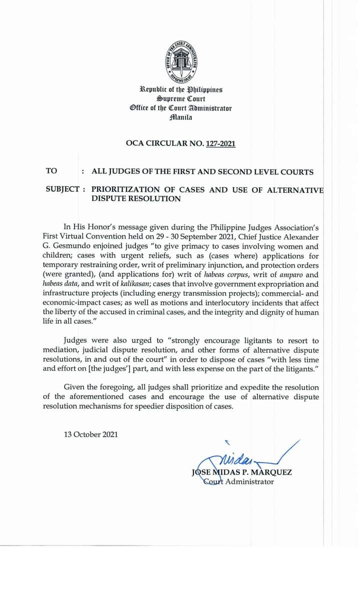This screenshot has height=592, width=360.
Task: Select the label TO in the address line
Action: (51, 171)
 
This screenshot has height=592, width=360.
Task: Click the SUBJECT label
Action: (62, 190)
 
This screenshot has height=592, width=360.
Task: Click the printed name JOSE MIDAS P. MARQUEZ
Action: (241, 472)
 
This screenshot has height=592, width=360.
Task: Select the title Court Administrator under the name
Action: (239, 482)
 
